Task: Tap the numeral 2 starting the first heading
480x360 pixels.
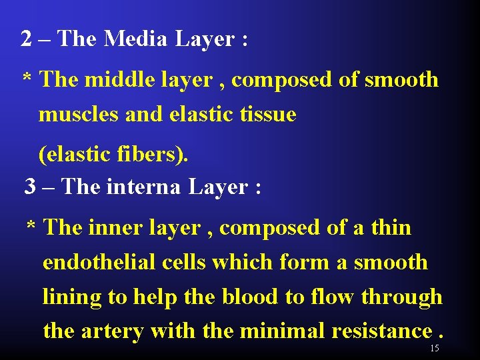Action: [27, 39]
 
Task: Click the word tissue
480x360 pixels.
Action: [269, 115]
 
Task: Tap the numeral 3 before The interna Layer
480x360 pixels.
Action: [30, 187]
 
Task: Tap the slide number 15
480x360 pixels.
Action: [435, 349]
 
